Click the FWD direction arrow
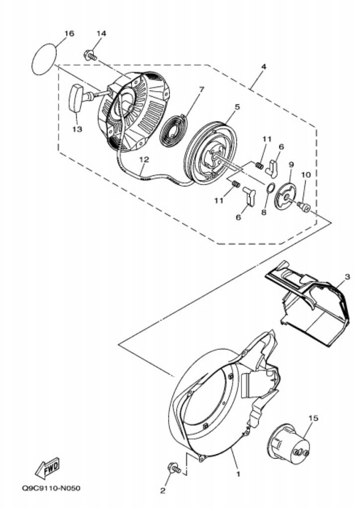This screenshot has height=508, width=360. coord(47,467)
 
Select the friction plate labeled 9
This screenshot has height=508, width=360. coord(286,196)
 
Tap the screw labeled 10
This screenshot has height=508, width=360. coord(304,206)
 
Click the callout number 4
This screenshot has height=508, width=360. coord(264,66)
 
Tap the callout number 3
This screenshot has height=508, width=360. coord(348,277)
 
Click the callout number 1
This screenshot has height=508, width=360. coord(238,474)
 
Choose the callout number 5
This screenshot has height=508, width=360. coord(237,106)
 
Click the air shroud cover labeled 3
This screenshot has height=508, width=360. coord(307,303)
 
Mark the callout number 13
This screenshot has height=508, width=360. coord(77,129)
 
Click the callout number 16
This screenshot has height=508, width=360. coord(69,33)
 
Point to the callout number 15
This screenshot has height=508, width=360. coord(313,418)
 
